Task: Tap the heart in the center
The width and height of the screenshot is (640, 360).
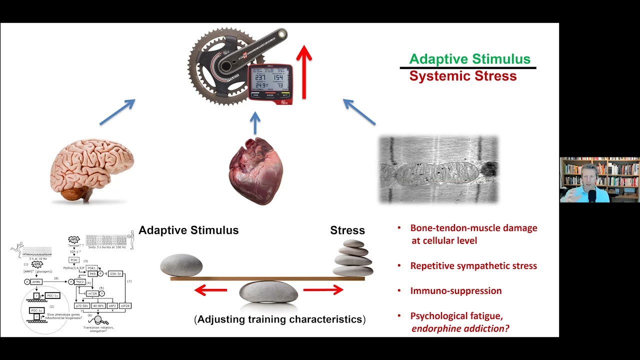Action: [x=255, y=171]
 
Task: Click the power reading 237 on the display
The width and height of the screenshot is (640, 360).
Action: [x=260, y=77]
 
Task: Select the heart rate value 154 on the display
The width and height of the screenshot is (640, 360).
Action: [x=278, y=77]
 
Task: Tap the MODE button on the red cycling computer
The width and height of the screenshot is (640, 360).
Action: [x=270, y=95]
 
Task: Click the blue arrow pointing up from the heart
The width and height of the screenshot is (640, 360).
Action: [x=255, y=123]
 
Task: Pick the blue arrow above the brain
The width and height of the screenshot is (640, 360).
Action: [x=118, y=111]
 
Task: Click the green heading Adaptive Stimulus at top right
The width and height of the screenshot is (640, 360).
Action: [x=469, y=59]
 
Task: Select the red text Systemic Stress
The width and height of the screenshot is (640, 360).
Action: [x=462, y=76]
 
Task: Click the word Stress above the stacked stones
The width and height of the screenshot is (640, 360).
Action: [x=347, y=230]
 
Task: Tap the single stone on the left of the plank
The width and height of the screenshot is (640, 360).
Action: [x=181, y=265]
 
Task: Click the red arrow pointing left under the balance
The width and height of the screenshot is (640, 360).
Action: [x=210, y=290]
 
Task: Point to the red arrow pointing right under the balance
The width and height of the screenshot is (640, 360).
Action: [x=323, y=290]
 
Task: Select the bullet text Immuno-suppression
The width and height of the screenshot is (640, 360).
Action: [x=455, y=290]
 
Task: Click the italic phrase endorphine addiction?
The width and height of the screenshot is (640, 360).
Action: [x=459, y=328]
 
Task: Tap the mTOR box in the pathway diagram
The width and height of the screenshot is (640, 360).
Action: [x=92, y=293]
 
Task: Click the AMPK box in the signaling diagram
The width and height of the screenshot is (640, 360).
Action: [x=36, y=282]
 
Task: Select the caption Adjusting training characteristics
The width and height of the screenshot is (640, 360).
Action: [x=279, y=319]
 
